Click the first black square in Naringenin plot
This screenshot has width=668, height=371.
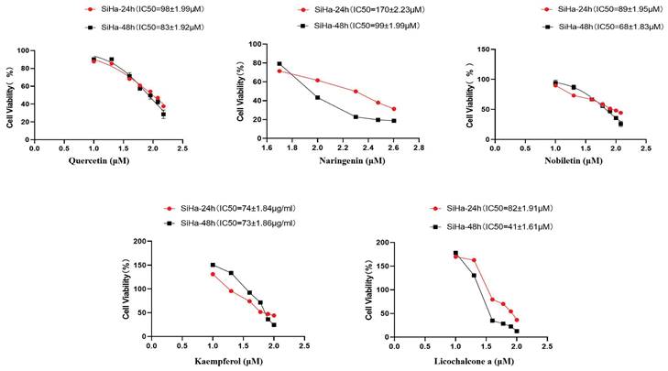coord(279,64)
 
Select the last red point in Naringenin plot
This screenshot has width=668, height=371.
coord(394,109)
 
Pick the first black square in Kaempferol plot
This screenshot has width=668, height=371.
coord(213,265)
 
